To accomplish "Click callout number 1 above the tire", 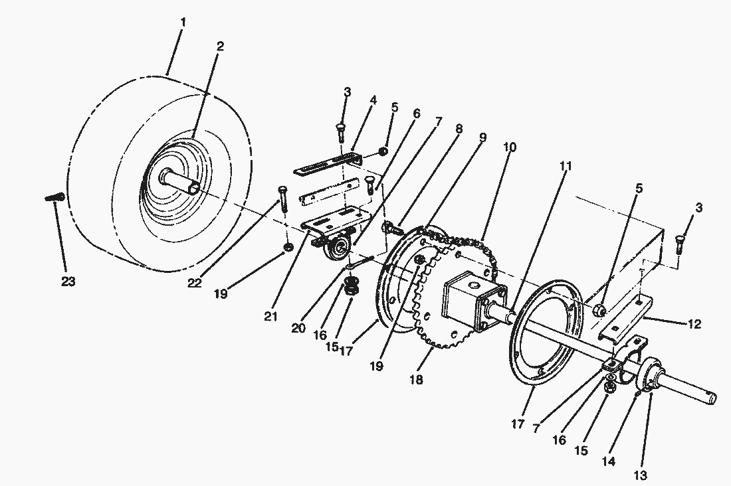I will (183, 23).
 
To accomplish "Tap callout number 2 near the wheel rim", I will (219, 46).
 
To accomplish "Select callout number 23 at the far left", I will (68, 282).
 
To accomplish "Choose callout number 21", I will (270, 317).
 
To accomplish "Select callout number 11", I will (565, 167).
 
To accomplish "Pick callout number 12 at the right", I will (694, 325).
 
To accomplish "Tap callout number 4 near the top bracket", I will (373, 100).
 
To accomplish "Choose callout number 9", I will (482, 137).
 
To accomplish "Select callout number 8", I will (459, 131).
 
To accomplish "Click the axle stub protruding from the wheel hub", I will (181, 183).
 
